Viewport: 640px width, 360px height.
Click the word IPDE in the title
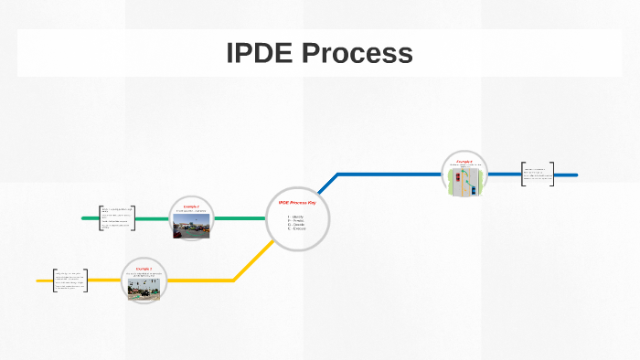(258, 54)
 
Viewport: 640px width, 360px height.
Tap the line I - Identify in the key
(296, 217)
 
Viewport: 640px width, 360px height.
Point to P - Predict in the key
(296, 221)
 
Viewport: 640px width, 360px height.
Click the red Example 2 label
(191, 206)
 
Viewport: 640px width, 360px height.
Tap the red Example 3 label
(143, 269)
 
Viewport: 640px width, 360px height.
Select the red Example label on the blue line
(464, 161)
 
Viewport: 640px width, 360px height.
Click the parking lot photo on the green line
(191, 228)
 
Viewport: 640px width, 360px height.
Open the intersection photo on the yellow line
(143, 290)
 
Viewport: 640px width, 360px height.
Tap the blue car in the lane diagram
(473, 184)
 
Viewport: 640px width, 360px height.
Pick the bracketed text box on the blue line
(538, 174)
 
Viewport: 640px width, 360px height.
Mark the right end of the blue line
(575, 175)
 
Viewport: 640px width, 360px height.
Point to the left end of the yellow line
(38, 281)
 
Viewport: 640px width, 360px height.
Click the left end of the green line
(84, 218)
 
